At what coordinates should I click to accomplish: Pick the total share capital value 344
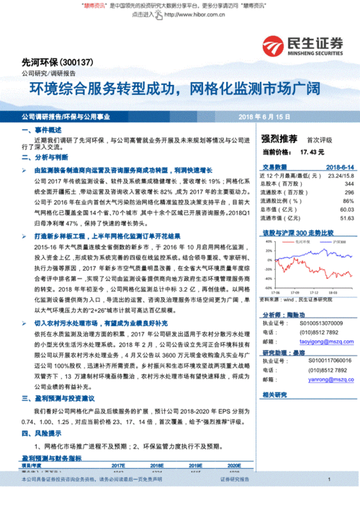349,184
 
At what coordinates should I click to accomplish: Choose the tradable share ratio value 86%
348,201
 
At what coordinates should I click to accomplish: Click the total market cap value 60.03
346,210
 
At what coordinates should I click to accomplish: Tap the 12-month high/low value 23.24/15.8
340,176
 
